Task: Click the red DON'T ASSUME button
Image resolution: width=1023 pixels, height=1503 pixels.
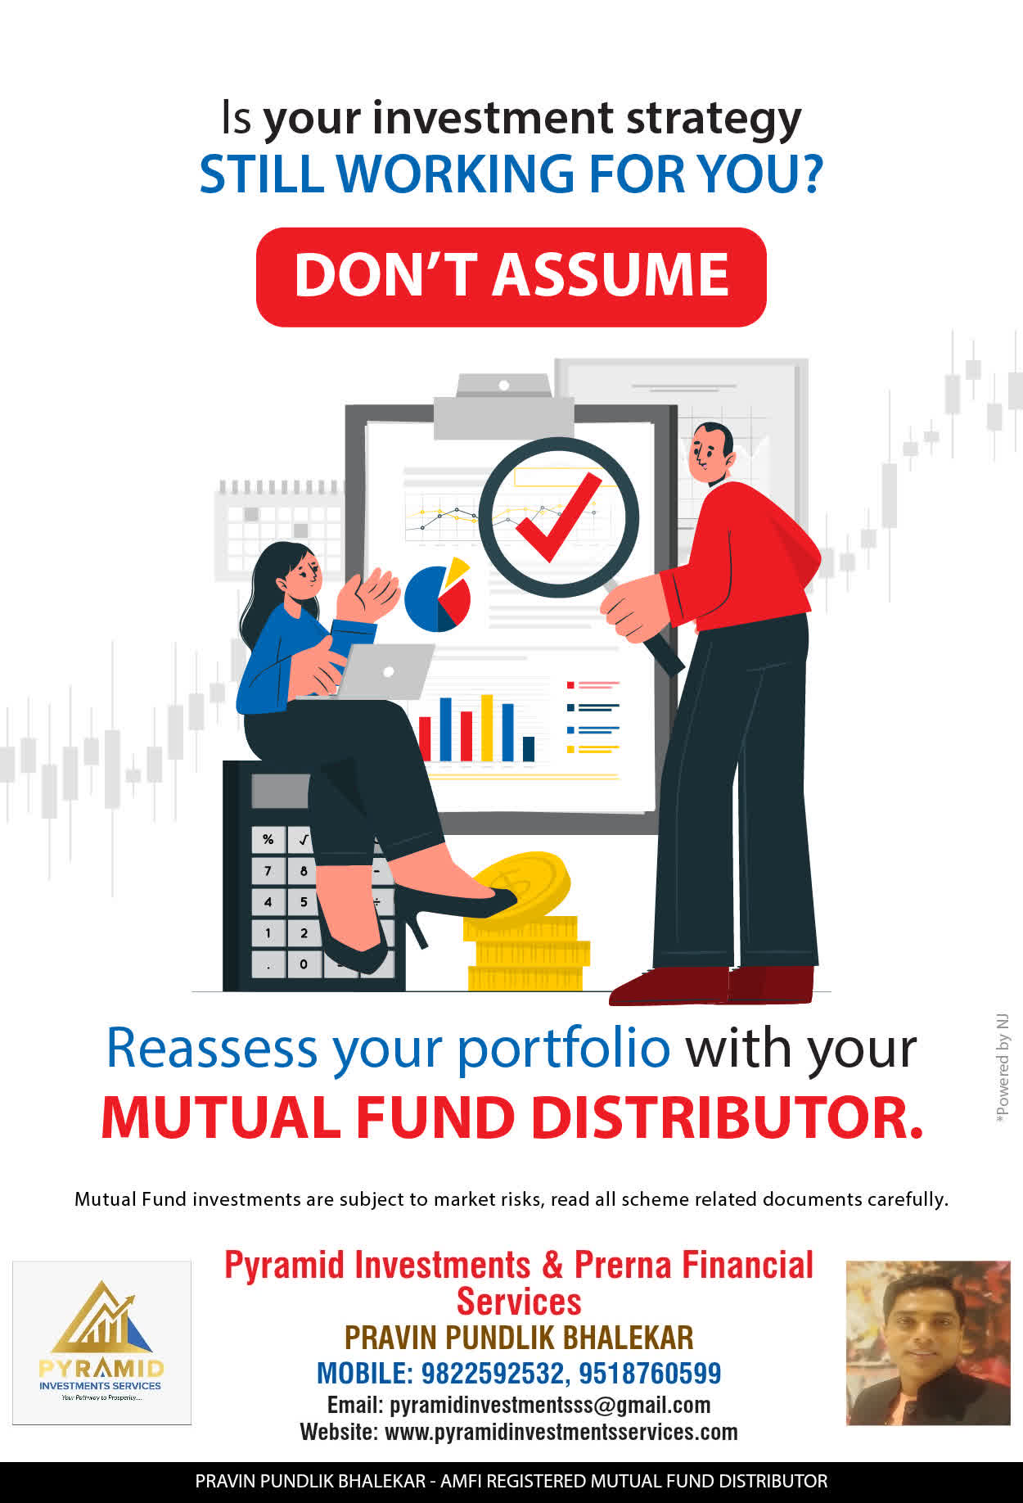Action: tap(511, 277)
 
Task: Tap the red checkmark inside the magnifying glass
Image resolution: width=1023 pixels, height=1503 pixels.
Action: tap(559, 517)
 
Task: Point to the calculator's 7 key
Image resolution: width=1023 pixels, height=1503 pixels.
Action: tap(268, 870)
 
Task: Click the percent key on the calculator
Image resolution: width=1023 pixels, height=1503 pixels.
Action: tap(268, 840)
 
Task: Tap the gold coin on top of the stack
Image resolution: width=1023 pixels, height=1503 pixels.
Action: tap(521, 885)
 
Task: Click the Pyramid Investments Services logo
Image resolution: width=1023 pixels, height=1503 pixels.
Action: tap(101, 1343)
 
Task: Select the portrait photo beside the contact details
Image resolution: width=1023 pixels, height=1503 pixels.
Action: tap(928, 1343)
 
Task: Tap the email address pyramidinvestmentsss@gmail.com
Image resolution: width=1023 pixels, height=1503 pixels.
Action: tap(550, 1405)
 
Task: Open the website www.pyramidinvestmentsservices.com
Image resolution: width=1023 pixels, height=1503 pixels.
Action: tap(561, 1432)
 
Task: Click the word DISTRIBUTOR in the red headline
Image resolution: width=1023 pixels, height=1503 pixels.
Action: tap(728, 1117)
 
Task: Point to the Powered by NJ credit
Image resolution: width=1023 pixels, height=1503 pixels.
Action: tap(1003, 1069)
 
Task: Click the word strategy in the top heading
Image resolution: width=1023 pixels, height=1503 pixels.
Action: tap(714, 120)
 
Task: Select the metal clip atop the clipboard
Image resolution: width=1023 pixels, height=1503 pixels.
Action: tap(503, 407)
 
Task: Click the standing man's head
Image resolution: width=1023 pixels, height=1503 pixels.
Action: tap(710, 453)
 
